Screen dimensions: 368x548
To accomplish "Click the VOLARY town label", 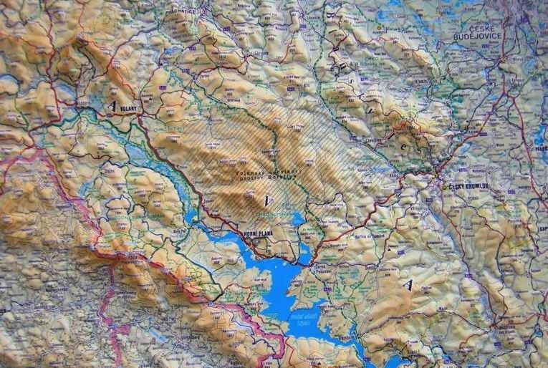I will click(x=128, y=110).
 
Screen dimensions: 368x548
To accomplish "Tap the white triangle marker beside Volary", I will click(x=112, y=105).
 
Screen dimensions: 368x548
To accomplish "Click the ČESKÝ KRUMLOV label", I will click(x=468, y=186).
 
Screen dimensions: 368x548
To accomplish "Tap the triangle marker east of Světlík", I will click(x=408, y=285).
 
